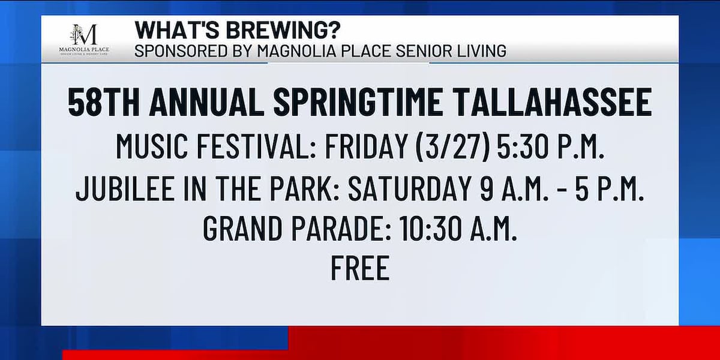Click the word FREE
[360, 268]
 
